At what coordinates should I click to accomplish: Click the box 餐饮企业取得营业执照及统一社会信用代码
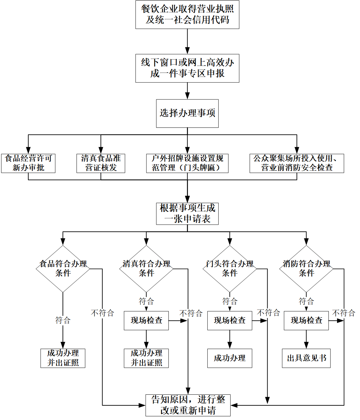187,15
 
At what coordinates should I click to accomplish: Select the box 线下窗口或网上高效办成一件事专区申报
187,68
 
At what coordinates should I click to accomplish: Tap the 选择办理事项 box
187,113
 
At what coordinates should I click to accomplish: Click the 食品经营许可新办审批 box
28,163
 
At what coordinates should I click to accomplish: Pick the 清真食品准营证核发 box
101,163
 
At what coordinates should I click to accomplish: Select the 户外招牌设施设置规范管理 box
187,163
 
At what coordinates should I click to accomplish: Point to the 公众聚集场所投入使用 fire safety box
297,163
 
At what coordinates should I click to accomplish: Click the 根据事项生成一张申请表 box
187,214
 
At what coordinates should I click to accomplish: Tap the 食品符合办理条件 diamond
63,269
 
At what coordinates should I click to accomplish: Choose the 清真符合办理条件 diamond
146,269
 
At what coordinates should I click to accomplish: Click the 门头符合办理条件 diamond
230,269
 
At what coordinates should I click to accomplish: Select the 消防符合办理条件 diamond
306,269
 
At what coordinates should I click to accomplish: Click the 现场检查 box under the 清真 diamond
146,320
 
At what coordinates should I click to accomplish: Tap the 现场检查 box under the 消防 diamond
306,320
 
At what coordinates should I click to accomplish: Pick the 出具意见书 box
306,358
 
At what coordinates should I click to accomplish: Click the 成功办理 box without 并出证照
230,358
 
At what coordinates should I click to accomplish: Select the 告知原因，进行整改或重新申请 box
188,405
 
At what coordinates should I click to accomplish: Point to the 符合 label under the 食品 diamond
63,320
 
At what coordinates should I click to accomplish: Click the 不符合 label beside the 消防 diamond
344,313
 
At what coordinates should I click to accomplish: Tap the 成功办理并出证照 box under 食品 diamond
63,358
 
